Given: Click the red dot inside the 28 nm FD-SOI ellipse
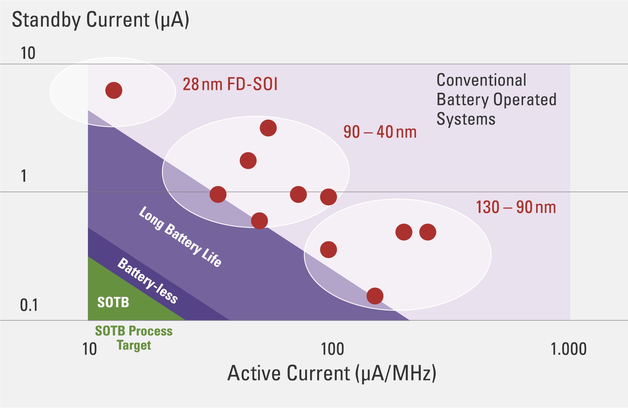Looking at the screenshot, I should point(114,91).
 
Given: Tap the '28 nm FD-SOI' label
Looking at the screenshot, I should point(230,85).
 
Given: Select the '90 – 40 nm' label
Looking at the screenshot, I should point(380,132).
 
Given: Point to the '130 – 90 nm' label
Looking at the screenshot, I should point(516,207).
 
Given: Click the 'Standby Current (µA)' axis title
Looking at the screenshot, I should point(101,20).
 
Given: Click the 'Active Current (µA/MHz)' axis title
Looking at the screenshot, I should point(332,373).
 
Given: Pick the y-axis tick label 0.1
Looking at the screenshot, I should point(29,305).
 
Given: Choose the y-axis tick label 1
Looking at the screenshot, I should point(24,176).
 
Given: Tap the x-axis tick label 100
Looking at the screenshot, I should point(332,349).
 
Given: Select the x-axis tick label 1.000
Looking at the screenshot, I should point(568,349).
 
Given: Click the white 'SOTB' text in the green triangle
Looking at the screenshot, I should point(113,303).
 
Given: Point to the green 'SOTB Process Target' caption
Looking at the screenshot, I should point(134,338).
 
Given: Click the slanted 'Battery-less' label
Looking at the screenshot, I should point(147,281).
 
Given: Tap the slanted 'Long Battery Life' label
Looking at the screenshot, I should point(180,236).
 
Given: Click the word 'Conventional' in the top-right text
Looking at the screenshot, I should point(481,80).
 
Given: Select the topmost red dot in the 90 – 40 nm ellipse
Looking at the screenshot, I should point(268,128).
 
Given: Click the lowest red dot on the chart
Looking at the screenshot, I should point(375,296).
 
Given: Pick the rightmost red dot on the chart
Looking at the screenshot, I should point(428,232).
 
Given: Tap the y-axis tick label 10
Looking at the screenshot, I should point(28,53).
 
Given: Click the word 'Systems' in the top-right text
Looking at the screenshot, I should point(466,119).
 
